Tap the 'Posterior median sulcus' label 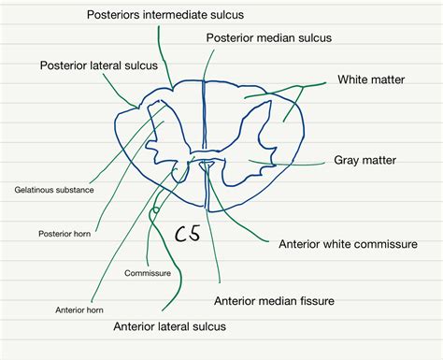pyautogui.click(x=269, y=37)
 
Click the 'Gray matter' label pyautogui.click(x=364, y=160)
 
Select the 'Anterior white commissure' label pyautogui.click(x=348, y=244)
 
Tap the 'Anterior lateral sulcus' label pyautogui.click(x=169, y=327)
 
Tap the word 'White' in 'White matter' pyautogui.click(x=353, y=80)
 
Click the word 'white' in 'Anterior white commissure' pyautogui.click(x=339, y=244)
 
